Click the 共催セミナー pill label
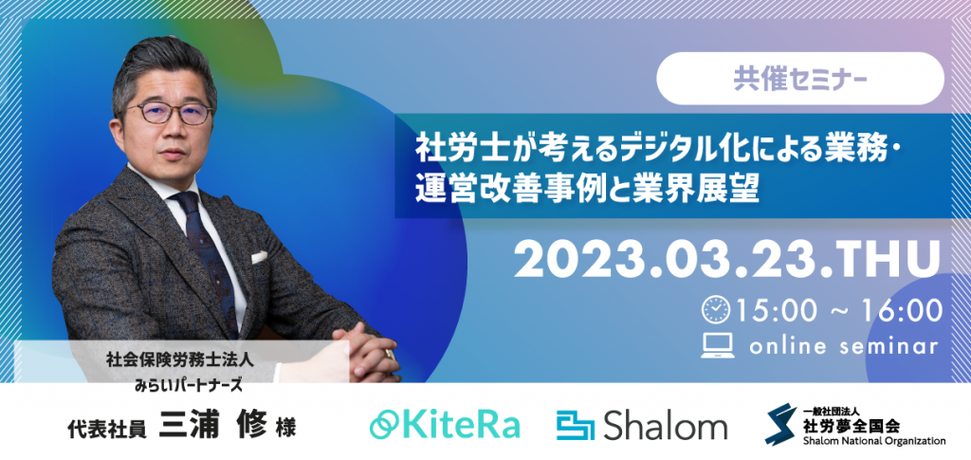pyautogui.click(x=800, y=79)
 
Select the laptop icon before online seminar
pyautogui.click(x=718, y=346)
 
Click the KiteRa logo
pyautogui.click(x=445, y=425)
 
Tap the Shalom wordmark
pyautogui.click(x=665, y=427)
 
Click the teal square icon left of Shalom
pyautogui.click(x=575, y=426)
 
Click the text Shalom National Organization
pyautogui.click(x=873, y=441)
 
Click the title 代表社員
pyautogui.click(x=107, y=427)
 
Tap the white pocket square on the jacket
pyautogui.click(x=259, y=257)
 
